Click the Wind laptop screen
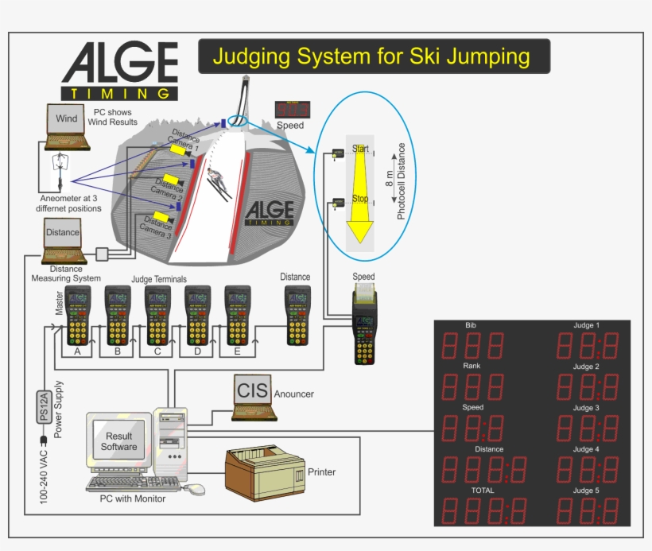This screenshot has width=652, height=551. [67, 119]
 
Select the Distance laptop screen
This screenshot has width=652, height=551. [63, 233]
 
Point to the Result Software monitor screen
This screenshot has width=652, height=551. [118, 441]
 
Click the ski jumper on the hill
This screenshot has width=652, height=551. [217, 182]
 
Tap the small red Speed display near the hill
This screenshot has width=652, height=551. [291, 110]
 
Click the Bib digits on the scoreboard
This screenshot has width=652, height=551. [472, 346]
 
